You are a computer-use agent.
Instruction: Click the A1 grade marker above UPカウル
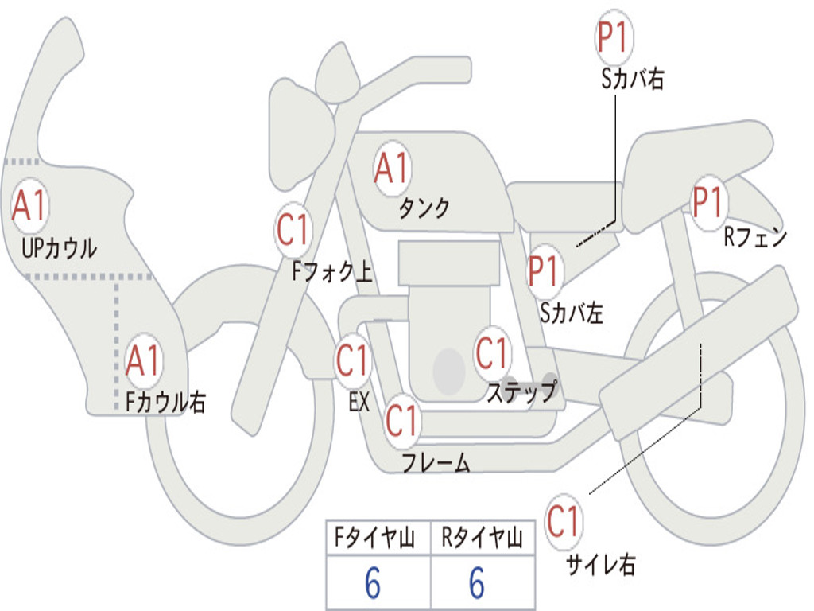click(x=30, y=206)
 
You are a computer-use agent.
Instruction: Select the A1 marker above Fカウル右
click(x=144, y=362)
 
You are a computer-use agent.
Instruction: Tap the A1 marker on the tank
click(x=392, y=168)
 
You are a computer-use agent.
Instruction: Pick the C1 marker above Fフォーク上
click(x=293, y=231)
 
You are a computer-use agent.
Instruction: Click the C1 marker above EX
click(x=352, y=360)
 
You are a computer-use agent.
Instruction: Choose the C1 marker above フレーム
click(x=401, y=421)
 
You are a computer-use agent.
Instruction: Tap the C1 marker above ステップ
click(x=491, y=353)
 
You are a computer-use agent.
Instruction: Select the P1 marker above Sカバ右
click(x=613, y=38)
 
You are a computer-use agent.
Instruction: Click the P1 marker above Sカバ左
click(x=545, y=270)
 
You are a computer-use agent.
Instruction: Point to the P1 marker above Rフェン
click(x=707, y=202)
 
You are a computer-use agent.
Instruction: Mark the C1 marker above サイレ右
click(x=563, y=522)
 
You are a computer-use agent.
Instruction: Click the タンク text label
click(x=424, y=208)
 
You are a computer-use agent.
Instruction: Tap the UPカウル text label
click(x=59, y=248)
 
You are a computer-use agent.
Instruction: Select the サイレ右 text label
click(x=600, y=565)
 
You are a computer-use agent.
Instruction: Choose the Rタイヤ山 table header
click(x=482, y=539)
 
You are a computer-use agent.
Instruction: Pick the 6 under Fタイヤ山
click(x=372, y=585)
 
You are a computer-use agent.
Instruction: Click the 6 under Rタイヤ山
click(x=477, y=585)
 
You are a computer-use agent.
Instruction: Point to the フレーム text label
click(x=436, y=462)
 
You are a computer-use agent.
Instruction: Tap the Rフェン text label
click(x=754, y=237)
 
